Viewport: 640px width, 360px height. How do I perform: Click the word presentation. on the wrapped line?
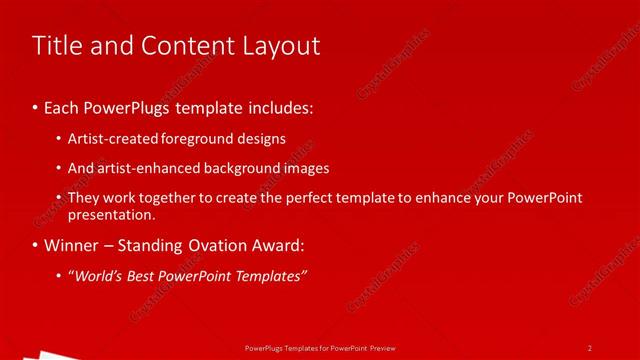coord(111,214)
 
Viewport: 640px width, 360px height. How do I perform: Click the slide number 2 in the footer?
coord(590,348)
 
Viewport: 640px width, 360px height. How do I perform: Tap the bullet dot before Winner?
coord(35,246)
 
